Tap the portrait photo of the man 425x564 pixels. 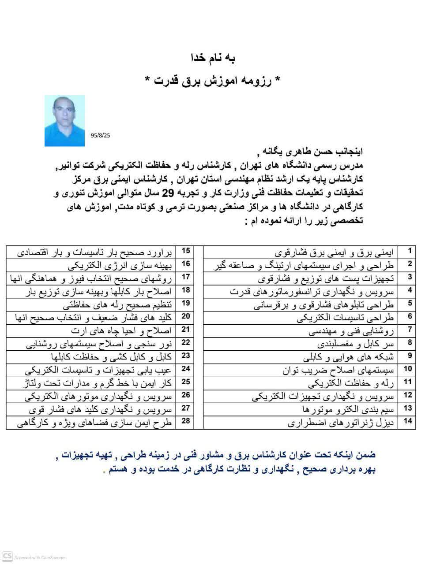click(x=64, y=121)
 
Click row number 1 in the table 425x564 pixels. click(x=410, y=251)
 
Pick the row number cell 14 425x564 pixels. click(x=408, y=421)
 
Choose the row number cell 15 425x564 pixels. click(x=186, y=251)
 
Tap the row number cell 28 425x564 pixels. click(x=186, y=421)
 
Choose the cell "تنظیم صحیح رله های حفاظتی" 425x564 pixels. click(x=117, y=304)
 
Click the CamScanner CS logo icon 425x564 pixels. click(x=7, y=556)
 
